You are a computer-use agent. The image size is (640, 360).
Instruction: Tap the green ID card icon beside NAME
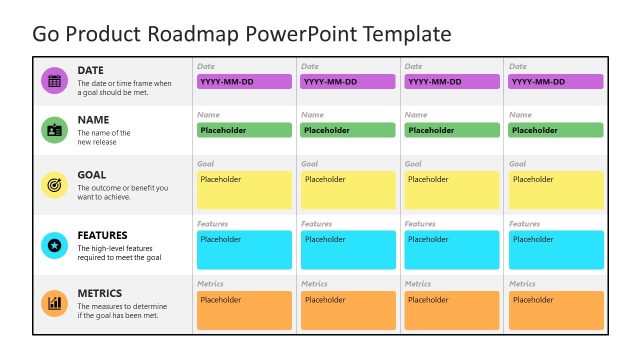point(54,130)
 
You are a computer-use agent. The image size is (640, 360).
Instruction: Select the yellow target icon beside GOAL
point(54,185)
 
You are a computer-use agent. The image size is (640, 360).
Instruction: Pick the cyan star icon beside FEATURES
point(54,245)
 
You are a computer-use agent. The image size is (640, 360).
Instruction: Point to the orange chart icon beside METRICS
point(54,303)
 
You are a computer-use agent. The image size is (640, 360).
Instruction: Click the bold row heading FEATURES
point(103,236)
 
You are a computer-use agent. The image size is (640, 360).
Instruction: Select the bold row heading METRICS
point(99,294)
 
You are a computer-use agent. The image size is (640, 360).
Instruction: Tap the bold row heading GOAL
point(92,175)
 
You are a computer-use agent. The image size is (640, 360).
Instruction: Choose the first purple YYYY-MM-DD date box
point(244,82)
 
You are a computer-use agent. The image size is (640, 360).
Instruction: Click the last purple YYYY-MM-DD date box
point(556,82)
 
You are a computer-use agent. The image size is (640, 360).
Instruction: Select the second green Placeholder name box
point(348,130)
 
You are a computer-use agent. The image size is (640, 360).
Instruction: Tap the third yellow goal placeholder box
point(452,190)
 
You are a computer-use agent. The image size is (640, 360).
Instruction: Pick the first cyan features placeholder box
point(244,250)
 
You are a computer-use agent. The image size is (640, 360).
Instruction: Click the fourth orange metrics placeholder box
point(556,310)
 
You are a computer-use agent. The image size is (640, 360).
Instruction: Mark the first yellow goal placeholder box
point(244,190)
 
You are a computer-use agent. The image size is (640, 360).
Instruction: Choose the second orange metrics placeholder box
point(348,310)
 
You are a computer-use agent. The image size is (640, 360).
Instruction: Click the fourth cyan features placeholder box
point(556,250)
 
